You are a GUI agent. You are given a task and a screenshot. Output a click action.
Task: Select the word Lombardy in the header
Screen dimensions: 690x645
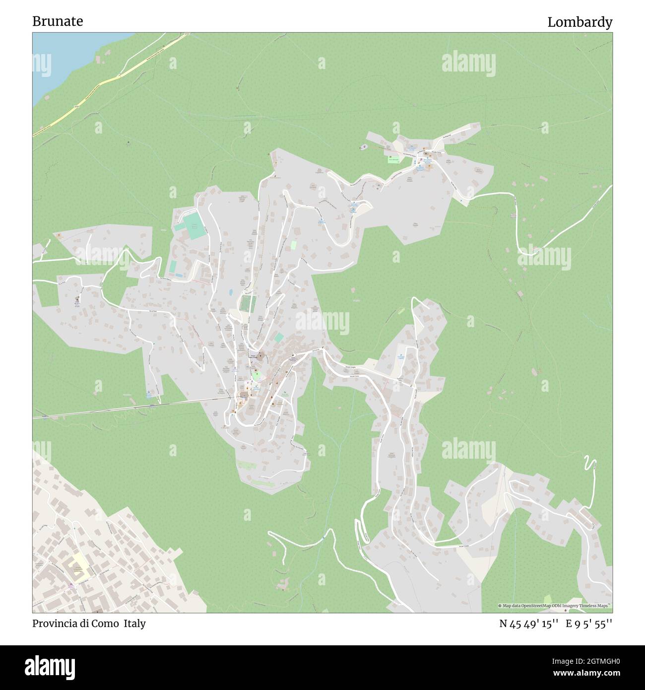[x=580, y=22]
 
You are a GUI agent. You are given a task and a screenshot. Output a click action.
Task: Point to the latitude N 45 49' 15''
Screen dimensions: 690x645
[x=529, y=624]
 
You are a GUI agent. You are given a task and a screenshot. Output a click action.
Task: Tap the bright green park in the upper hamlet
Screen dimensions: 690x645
[x=393, y=159]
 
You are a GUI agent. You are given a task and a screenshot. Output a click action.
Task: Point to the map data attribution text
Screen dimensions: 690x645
[x=555, y=606]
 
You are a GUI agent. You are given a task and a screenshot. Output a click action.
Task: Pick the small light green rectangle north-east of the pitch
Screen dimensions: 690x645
[x=293, y=245]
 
